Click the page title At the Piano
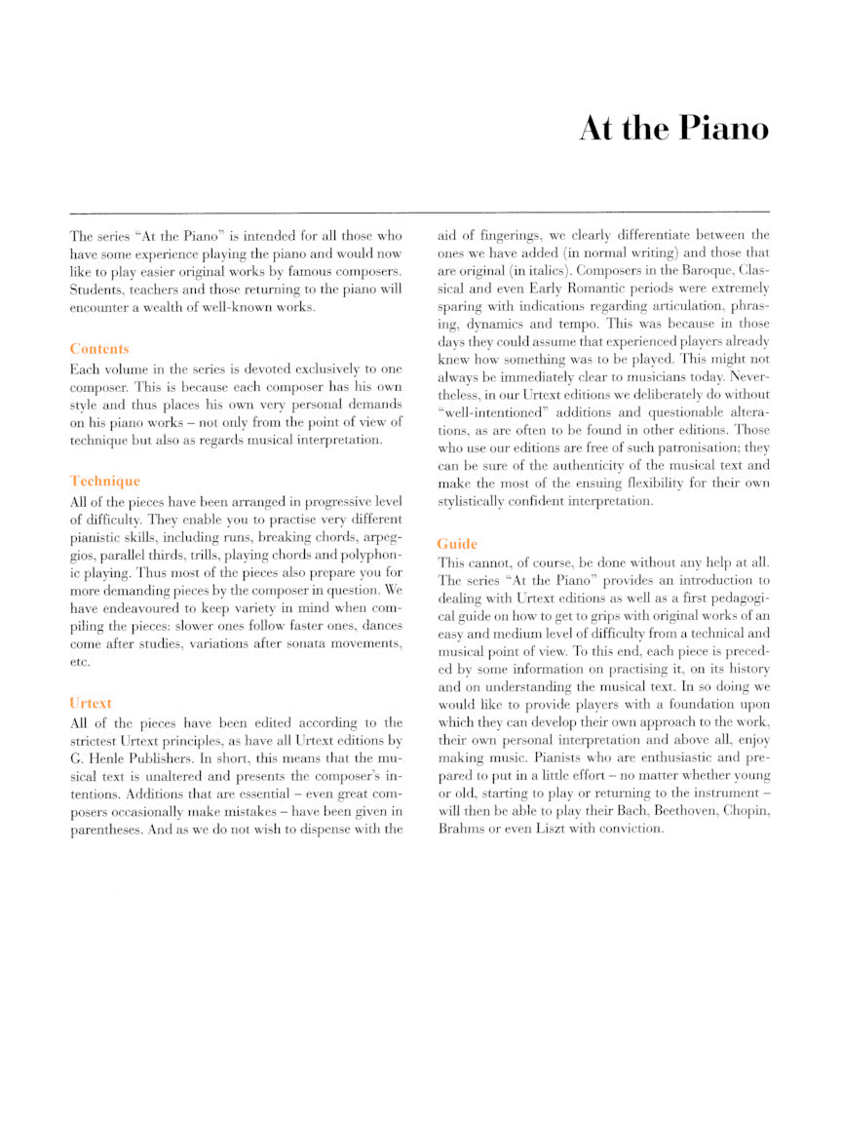673,129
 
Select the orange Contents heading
99,348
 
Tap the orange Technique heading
105,481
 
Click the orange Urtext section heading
92,702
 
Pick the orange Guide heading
457,543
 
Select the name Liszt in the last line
559,829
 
